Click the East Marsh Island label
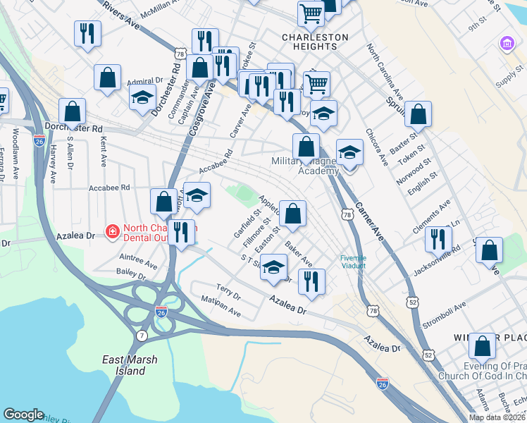click(x=130, y=365)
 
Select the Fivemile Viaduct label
click(x=353, y=262)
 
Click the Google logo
click(x=23, y=415)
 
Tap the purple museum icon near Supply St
click(x=505, y=44)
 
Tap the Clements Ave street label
click(x=435, y=211)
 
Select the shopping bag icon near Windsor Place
click(x=483, y=345)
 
